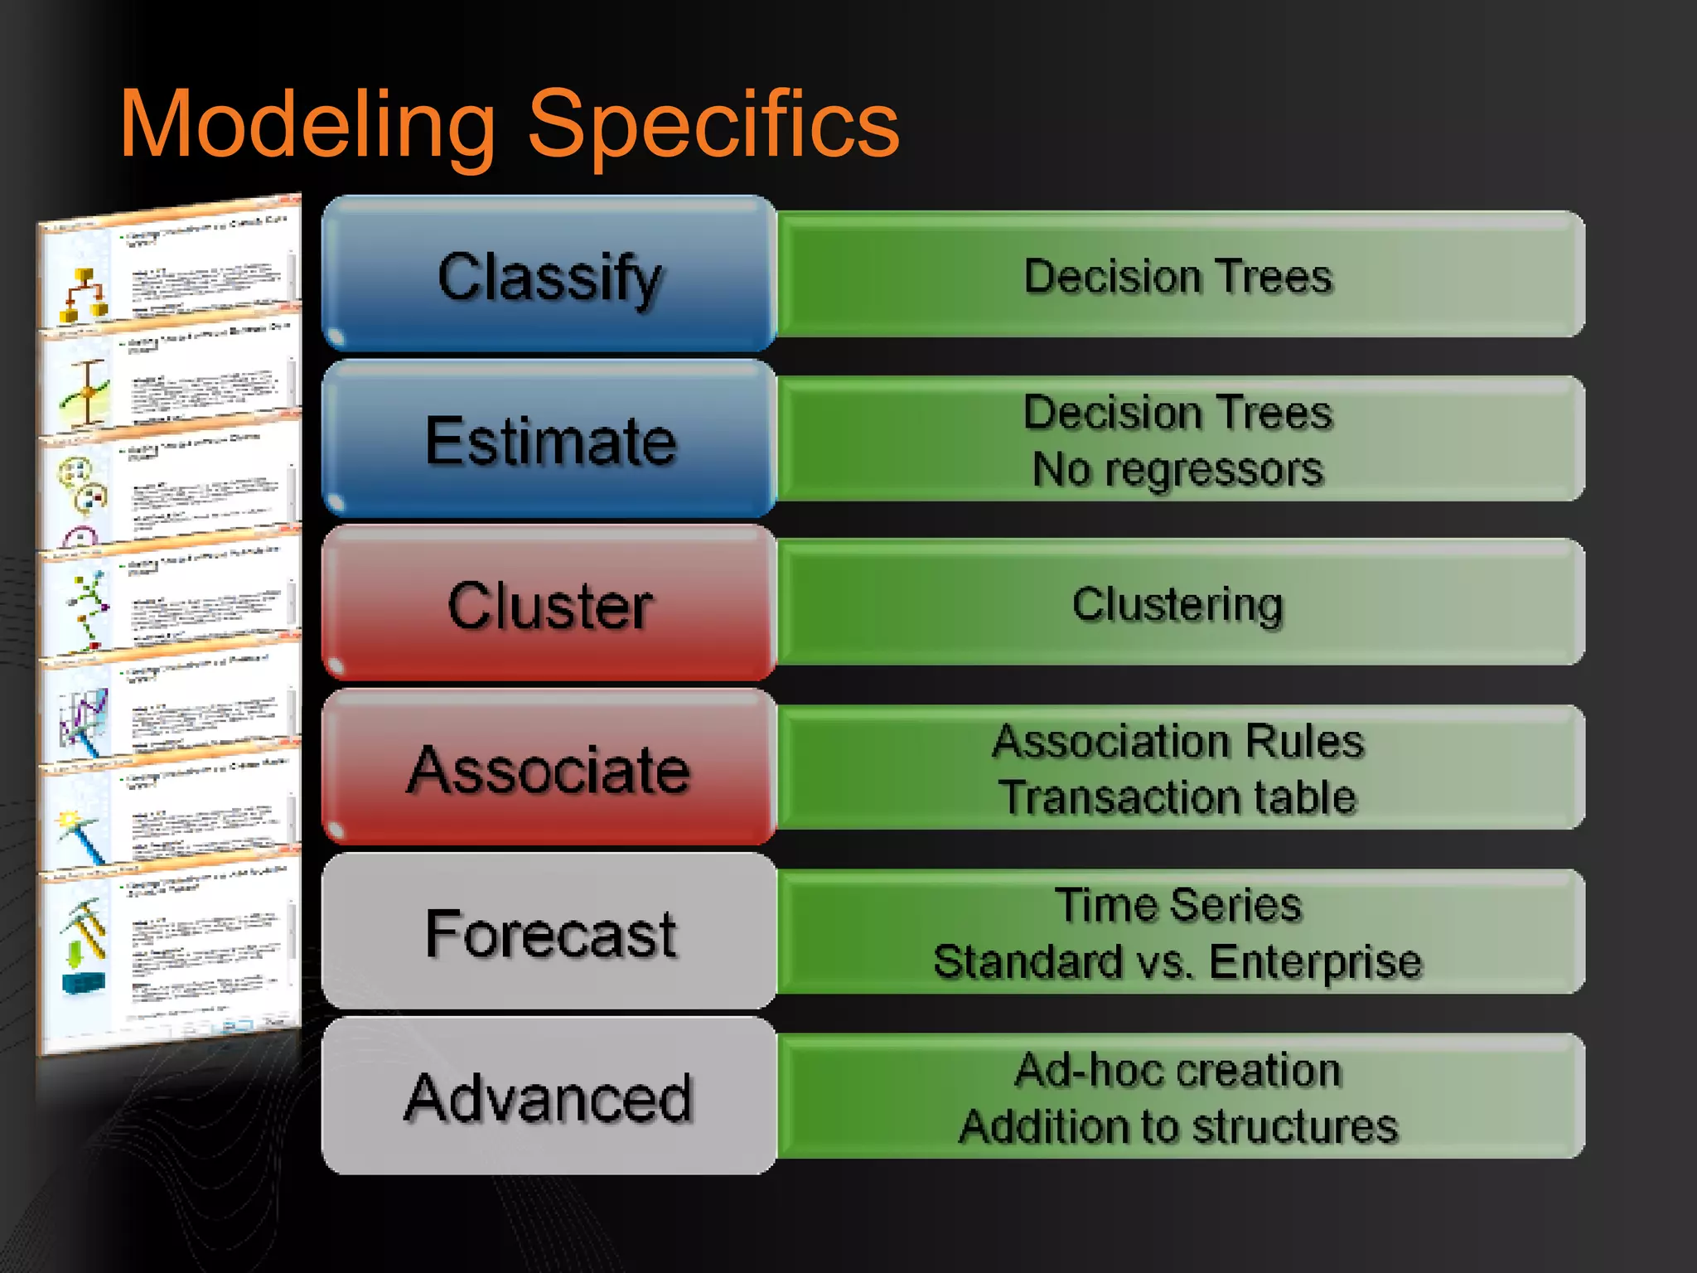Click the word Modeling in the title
coord(307,124)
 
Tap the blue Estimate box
coord(549,440)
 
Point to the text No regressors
coord(1177,469)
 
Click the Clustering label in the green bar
coord(1177,604)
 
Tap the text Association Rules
coord(1177,740)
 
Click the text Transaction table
coord(1177,796)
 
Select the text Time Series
coord(1177,904)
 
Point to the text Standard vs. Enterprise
coord(1177,961)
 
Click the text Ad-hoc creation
coord(1177,1069)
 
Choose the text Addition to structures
coord(1177,1126)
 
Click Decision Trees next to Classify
coord(1177,275)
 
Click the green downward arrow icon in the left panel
coord(75,953)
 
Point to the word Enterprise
coord(1315,961)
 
